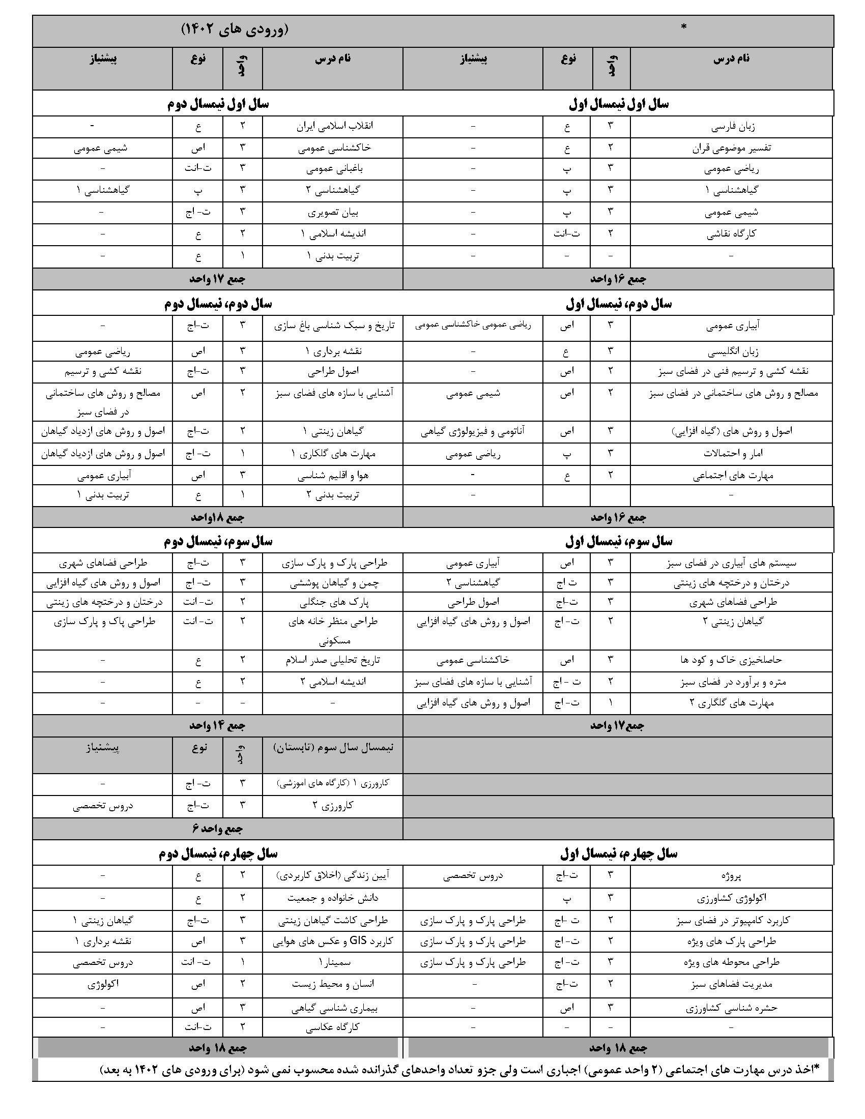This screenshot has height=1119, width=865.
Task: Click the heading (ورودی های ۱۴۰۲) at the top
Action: click(x=235, y=30)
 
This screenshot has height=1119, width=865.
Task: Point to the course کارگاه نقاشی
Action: click(x=731, y=234)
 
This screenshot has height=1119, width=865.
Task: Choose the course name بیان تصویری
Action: click(x=334, y=212)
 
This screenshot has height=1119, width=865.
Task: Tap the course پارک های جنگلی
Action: click(x=334, y=602)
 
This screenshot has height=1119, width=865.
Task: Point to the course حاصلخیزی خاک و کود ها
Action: click(x=731, y=660)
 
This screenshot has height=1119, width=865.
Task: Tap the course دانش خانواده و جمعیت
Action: click(x=333, y=898)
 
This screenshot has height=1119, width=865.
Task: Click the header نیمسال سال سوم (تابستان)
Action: click(x=333, y=748)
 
